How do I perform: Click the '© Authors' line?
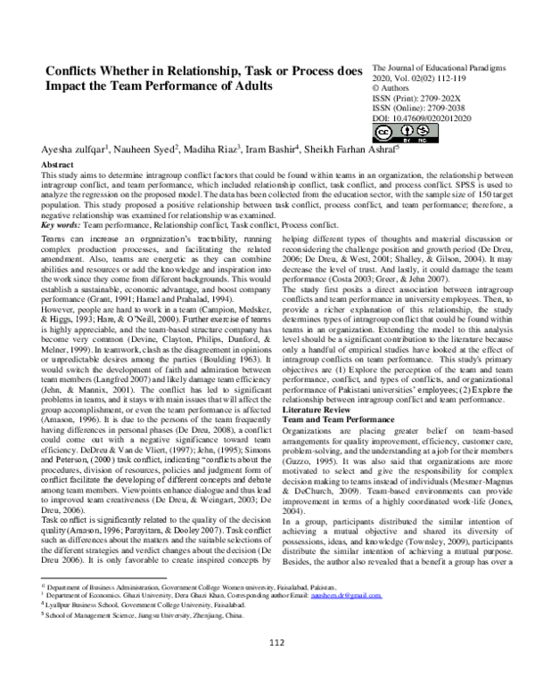[x=394, y=86]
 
